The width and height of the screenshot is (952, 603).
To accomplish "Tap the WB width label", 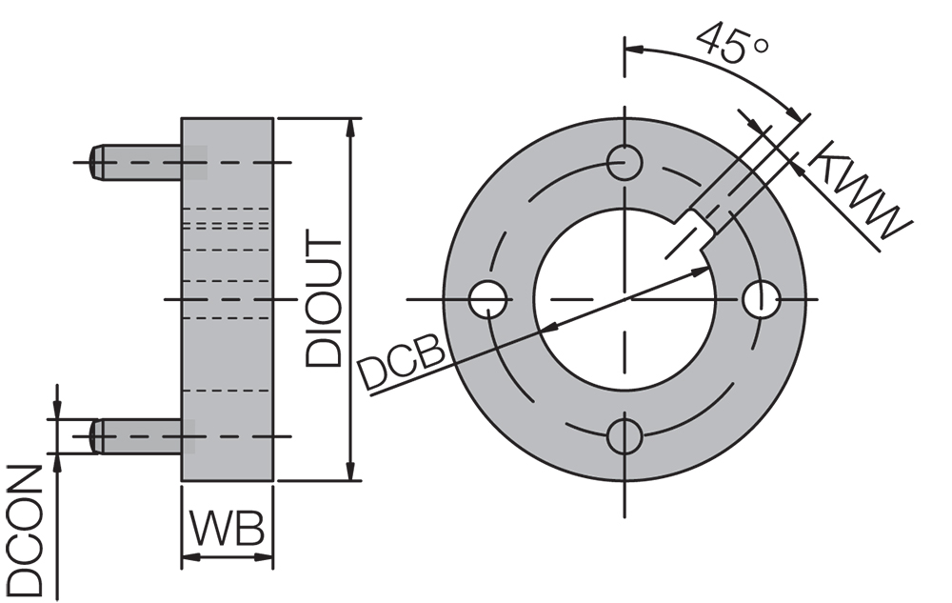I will tap(227, 530).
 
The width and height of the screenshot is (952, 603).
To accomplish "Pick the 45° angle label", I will tap(728, 43).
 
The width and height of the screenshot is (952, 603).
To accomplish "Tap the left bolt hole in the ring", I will tap(488, 299).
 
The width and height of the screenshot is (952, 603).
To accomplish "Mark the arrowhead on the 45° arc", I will tap(792, 112).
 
